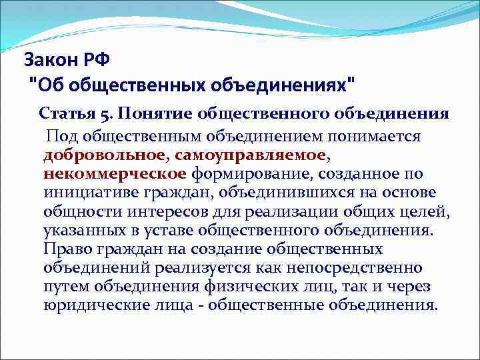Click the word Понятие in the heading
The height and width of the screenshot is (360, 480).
pos(145,113)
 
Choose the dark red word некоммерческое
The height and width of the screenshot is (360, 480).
pos(114,174)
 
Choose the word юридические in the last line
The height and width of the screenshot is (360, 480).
pos(89,305)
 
